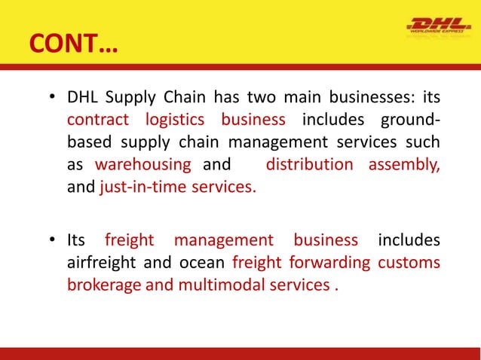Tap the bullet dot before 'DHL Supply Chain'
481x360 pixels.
click(52, 99)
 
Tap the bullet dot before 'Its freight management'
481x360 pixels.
click(52, 241)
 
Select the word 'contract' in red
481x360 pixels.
click(97, 121)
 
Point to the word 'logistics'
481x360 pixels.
click(175, 121)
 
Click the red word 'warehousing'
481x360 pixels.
click(144, 165)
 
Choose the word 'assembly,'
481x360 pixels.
click(404, 165)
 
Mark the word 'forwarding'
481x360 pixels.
click(333, 263)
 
